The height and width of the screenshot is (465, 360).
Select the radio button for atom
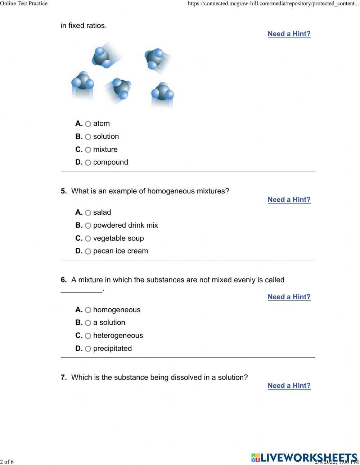click(88, 124)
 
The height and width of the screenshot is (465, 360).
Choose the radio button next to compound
click(88, 163)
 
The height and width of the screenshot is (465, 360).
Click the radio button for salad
click(88, 213)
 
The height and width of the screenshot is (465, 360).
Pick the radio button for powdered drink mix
click(88, 226)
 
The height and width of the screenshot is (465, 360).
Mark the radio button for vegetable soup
click(88, 239)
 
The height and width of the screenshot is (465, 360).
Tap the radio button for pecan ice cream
click(88, 251)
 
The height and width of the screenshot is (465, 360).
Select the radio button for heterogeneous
click(88, 336)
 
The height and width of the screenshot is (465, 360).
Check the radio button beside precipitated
click(88, 349)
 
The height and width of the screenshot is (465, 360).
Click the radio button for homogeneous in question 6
click(88, 310)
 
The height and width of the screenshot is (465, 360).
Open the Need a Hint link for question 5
click(289, 200)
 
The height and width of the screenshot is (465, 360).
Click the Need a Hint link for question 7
click(289, 386)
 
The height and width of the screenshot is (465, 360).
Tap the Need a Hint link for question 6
click(289, 297)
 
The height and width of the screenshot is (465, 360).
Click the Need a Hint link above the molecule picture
click(289, 34)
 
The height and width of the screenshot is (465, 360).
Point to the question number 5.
click(64, 191)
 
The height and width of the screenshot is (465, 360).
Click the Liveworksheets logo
click(304, 457)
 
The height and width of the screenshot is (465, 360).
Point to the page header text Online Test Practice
click(24, 4)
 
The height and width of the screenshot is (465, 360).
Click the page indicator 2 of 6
click(7, 462)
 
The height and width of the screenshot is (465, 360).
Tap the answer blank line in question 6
click(81, 290)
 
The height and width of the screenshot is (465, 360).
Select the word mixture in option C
click(105, 149)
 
